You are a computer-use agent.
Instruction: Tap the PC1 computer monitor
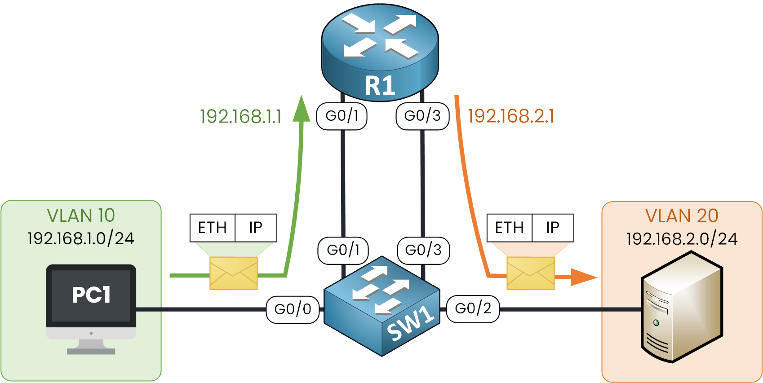pos(91,296)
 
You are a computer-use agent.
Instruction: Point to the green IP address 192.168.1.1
pos(241,117)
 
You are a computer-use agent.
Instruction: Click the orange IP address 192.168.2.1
pos(511,116)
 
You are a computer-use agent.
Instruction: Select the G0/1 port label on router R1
pos(342,116)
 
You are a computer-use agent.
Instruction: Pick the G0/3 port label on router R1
pos(422,116)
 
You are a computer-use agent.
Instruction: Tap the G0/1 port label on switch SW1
pos(343,250)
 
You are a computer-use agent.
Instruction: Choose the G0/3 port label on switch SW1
pos(423,250)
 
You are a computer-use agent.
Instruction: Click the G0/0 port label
pos(293,309)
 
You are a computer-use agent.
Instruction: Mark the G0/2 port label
pos(473,308)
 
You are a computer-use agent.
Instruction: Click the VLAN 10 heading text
pos(81,216)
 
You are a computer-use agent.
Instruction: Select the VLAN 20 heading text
pos(682,216)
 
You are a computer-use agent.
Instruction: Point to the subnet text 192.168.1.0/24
pos(81,238)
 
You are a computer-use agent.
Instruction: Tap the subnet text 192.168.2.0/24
pos(682,239)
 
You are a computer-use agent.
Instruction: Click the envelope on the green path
pos(234,273)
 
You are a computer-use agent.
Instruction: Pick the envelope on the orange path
pos(531,273)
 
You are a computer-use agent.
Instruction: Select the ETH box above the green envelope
pos(213,228)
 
